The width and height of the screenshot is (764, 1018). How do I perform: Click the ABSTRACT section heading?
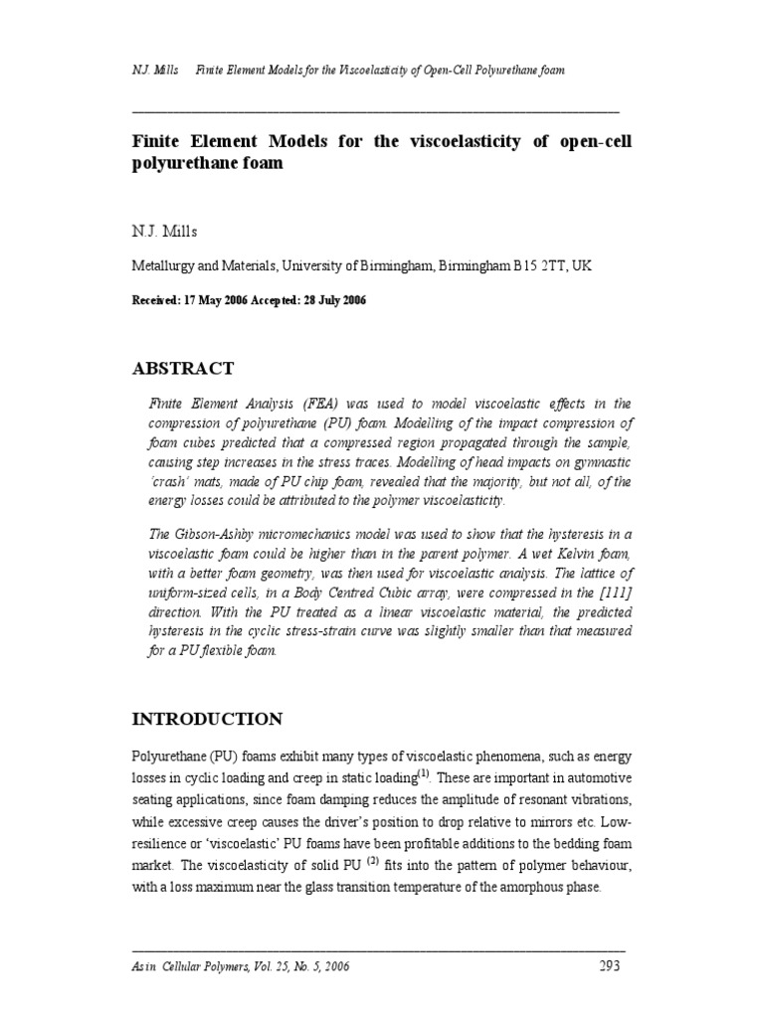click(x=183, y=369)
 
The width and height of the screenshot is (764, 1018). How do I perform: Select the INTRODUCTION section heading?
click(x=207, y=719)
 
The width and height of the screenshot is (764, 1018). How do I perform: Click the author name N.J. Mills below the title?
click(x=164, y=232)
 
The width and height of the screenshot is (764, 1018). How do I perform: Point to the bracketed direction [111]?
click(x=612, y=594)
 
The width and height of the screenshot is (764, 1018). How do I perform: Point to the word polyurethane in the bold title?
click(x=179, y=164)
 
